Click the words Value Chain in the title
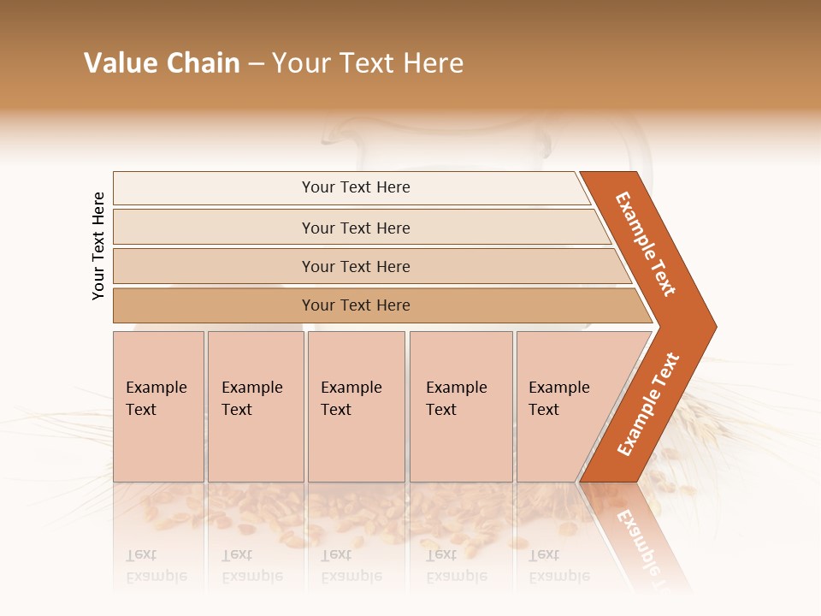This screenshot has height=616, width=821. pyautogui.click(x=162, y=63)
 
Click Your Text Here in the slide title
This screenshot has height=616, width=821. pyautogui.click(x=368, y=63)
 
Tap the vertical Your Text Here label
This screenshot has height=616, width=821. pyautogui.click(x=98, y=246)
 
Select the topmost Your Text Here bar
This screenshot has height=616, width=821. pyautogui.click(x=356, y=187)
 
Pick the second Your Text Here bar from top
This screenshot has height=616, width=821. pyautogui.click(x=356, y=228)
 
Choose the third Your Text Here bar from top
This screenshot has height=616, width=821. pyautogui.click(x=356, y=266)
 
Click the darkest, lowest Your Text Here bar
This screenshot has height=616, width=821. pyautogui.click(x=356, y=305)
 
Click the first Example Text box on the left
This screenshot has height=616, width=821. pyautogui.click(x=158, y=406)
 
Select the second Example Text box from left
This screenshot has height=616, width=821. pyautogui.click(x=255, y=406)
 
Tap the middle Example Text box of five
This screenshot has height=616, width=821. pyautogui.click(x=356, y=406)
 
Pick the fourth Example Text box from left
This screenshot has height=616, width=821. pyautogui.click(x=460, y=406)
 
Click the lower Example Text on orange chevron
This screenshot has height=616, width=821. pyautogui.click(x=648, y=405)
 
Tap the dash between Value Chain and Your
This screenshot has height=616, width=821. pyautogui.click(x=256, y=64)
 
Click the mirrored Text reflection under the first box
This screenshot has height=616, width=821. pyautogui.click(x=142, y=554)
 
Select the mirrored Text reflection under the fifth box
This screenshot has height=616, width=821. pyautogui.click(x=544, y=554)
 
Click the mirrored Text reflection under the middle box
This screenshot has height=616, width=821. pyautogui.click(x=336, y=554)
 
